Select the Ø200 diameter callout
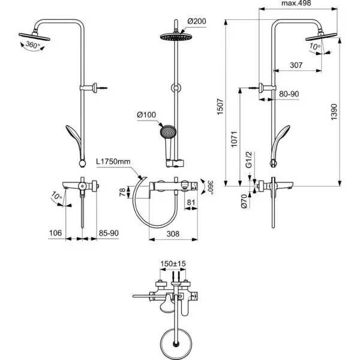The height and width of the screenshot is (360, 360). point(196,22)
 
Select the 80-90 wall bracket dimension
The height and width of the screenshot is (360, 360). point(290,94)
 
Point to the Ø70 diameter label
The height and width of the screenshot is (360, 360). point(244,200)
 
